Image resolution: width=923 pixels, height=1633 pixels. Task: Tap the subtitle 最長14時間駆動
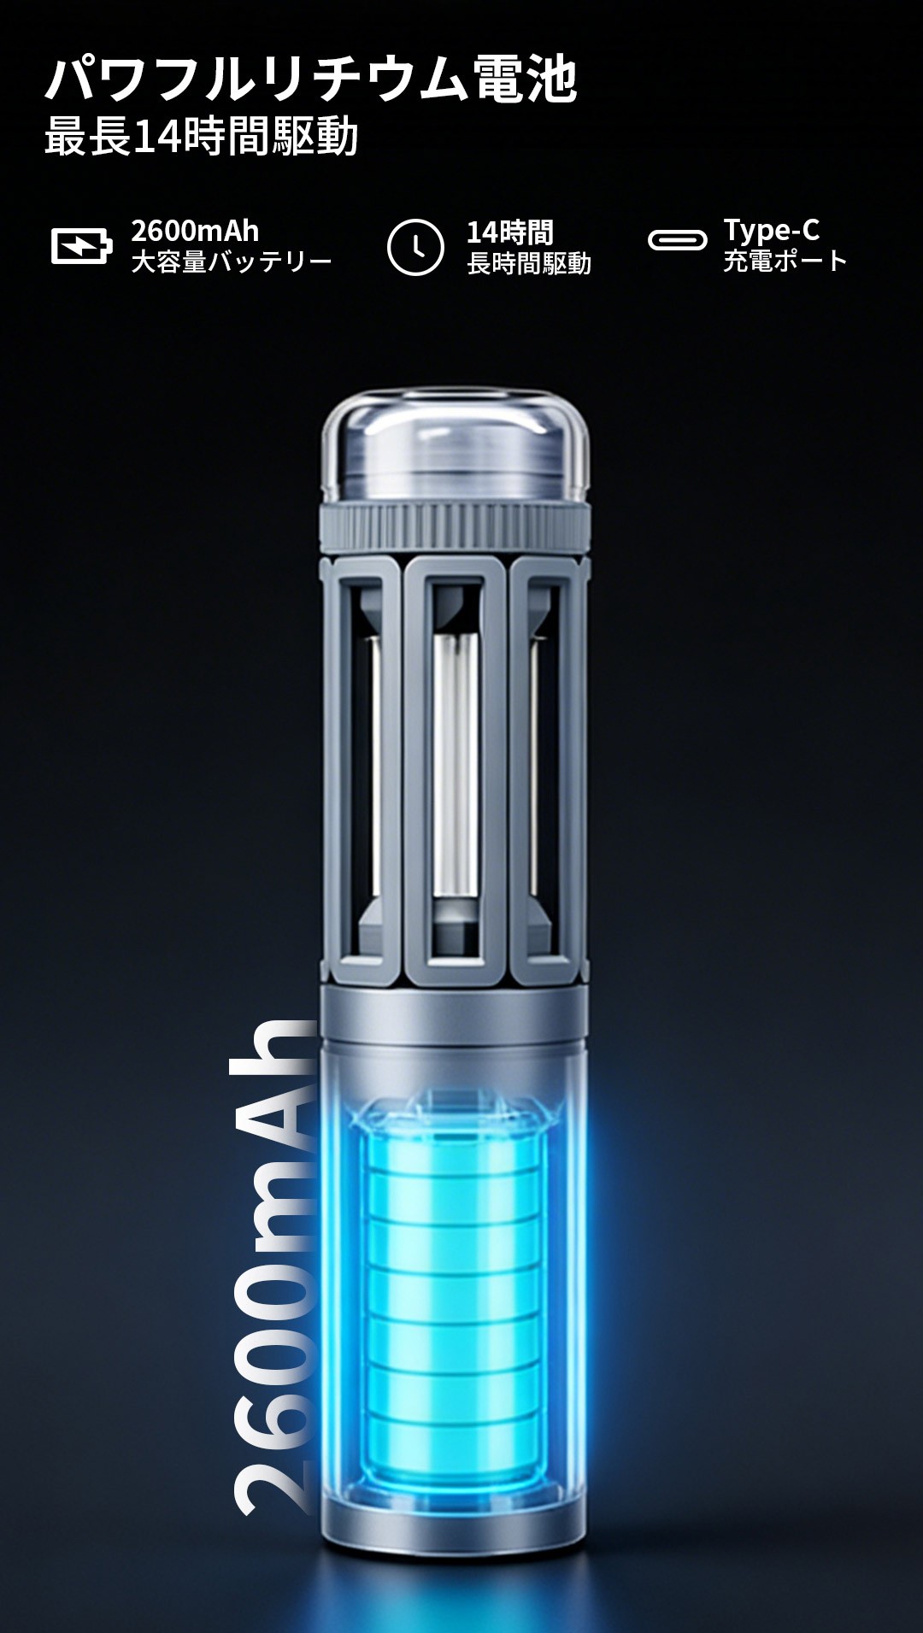pos(201,137)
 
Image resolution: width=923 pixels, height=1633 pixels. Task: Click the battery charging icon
pos(81,246)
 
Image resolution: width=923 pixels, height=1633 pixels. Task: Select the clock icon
pos(415,247)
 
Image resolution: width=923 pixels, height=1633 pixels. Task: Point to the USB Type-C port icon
pos(677,240)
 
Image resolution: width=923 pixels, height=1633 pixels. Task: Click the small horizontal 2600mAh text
pos(195,231)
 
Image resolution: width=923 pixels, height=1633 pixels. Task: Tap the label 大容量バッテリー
pos(231,261)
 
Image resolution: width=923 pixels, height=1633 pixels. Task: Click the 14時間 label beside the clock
pos(510,232)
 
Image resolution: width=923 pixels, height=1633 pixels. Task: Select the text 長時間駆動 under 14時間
pos(529,263)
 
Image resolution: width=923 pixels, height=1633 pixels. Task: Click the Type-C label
pos(772,230)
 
